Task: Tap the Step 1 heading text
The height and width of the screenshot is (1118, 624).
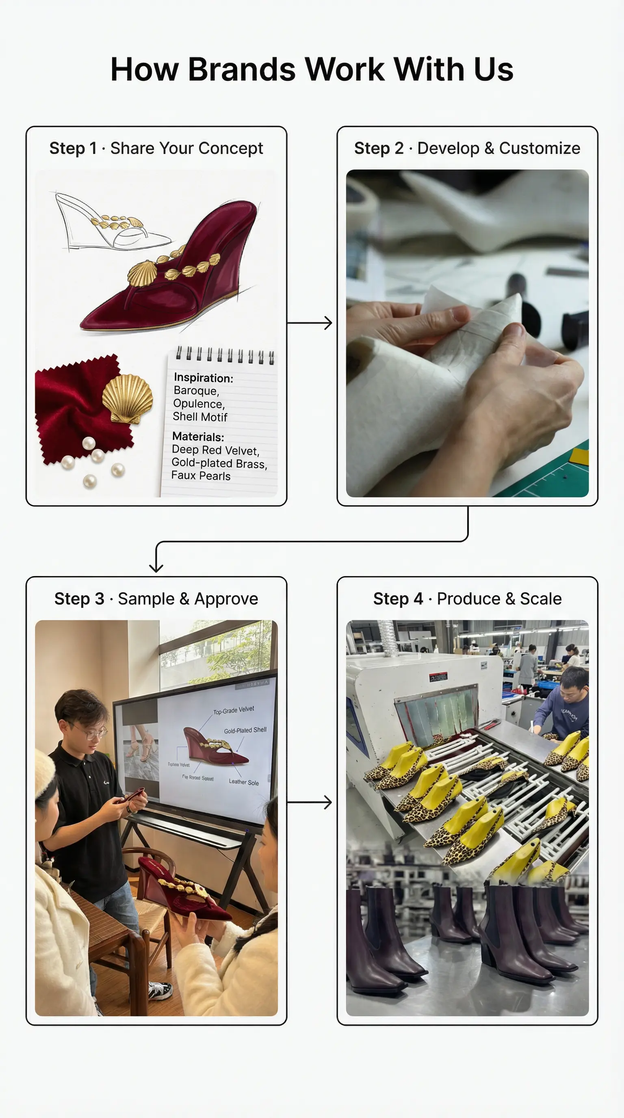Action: click(156, 148)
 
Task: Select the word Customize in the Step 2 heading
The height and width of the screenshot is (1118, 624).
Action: click(539, 148)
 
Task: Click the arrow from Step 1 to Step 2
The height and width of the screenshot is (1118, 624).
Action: click(310, 323)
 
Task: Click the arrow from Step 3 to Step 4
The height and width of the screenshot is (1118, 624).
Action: click(310, 802)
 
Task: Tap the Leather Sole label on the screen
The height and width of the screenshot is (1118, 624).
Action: click(243, 782)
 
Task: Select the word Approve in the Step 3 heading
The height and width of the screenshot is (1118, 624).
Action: click(226, 599)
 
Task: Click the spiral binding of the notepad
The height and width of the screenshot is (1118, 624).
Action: click(224, 355)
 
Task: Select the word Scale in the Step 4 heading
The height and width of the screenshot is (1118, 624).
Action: click(541, 599)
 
